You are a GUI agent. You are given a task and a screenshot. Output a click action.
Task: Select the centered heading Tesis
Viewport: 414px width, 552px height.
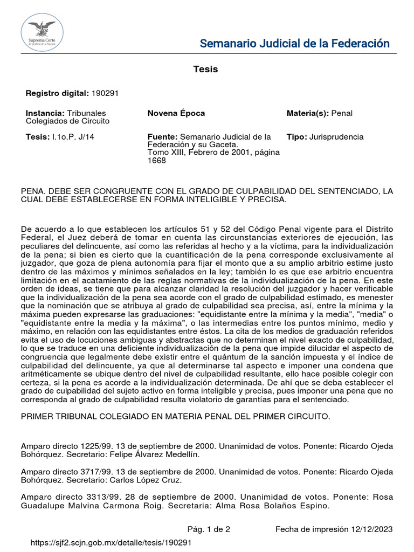coord(205,70)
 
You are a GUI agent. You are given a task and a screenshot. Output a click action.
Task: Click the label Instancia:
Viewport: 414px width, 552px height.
coord(45,113)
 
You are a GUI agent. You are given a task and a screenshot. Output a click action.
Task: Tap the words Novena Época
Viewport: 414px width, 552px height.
coord(176,113)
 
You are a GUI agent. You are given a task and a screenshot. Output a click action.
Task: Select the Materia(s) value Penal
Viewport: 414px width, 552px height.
coord(341,113)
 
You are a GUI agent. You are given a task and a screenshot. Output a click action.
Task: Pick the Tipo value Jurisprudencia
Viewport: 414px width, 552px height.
coord(336,137)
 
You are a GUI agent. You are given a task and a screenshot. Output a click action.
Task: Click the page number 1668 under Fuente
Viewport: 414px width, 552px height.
coord(157,161)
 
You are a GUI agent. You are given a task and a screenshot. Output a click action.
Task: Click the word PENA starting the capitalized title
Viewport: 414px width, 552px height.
coord(32,191)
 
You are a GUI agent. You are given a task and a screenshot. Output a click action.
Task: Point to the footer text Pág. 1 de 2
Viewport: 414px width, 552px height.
coord(209,529)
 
